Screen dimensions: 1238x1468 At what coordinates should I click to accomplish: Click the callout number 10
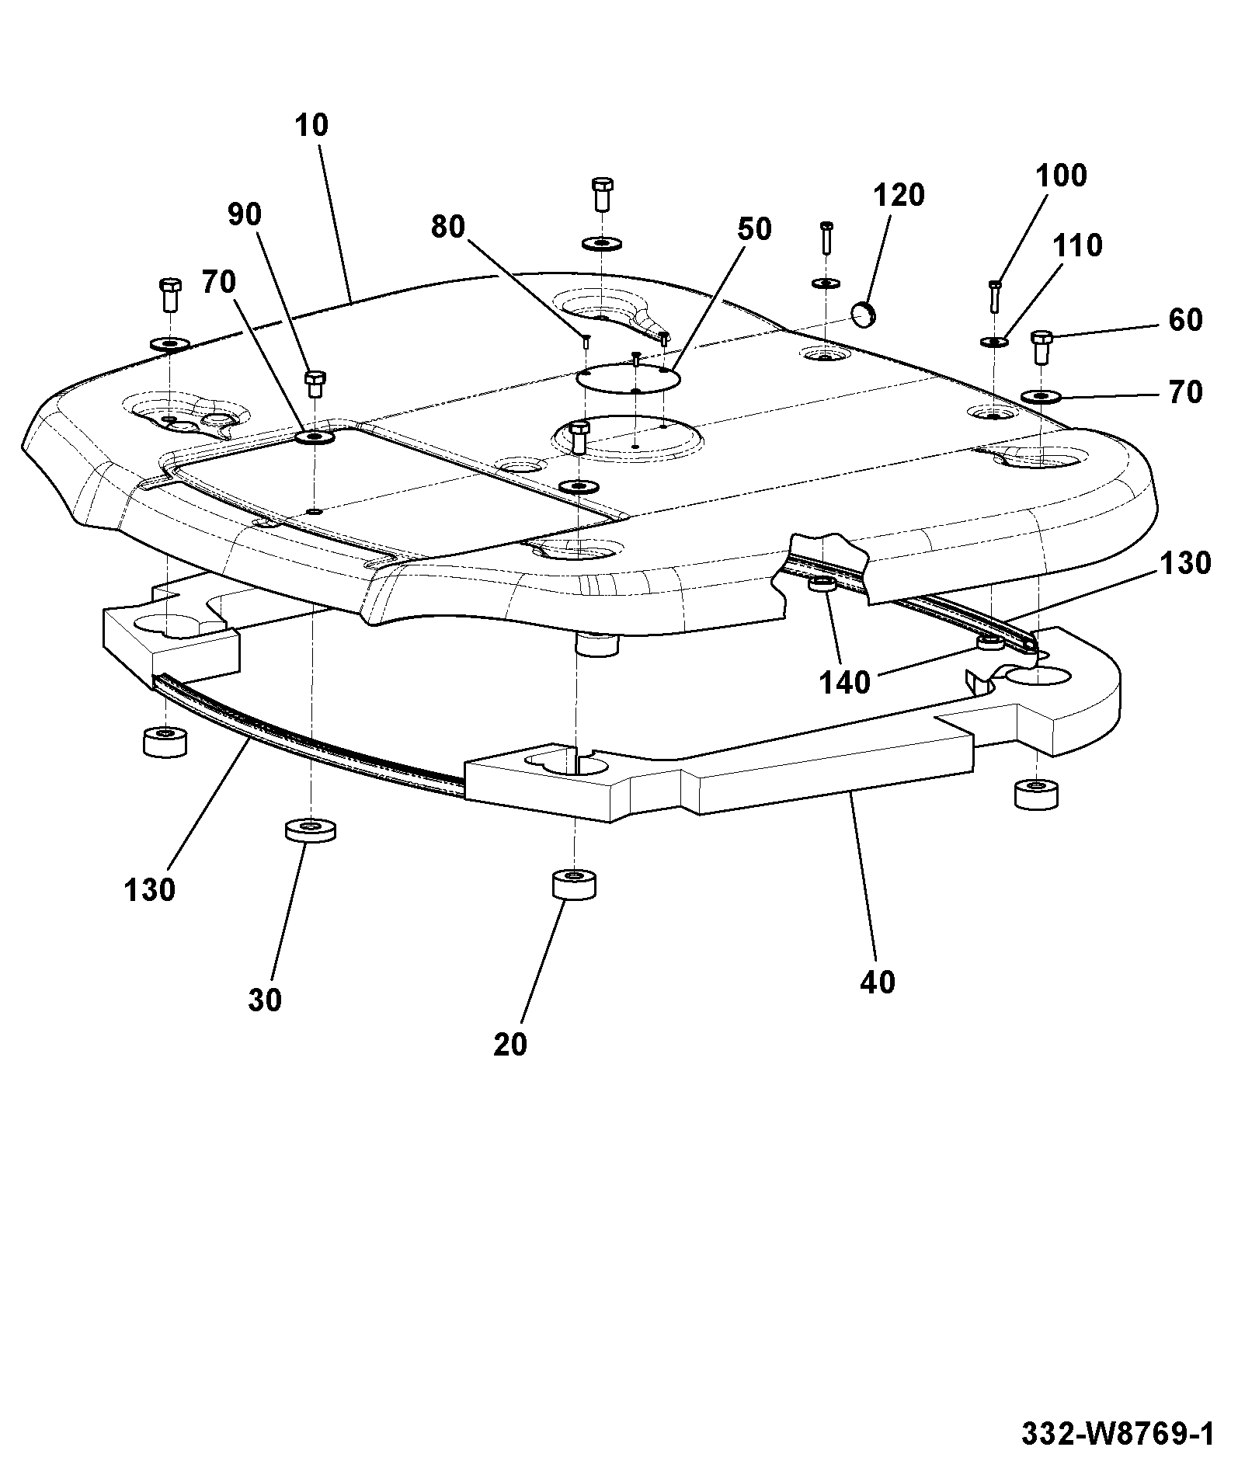tap(311, 125)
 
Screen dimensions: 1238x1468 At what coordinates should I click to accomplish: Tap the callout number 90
tap(245, 214)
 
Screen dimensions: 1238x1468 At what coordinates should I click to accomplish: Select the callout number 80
tap(448, 227)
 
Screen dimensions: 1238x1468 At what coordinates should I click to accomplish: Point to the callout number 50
tap(754, 229)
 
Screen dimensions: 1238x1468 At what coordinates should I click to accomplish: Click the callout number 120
tap(899, 195)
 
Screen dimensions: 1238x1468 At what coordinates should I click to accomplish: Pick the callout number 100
tap(1061, 176)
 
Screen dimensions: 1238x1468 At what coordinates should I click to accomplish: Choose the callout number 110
tap(1077, 245)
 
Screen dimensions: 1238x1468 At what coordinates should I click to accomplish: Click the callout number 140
tap(846, 683)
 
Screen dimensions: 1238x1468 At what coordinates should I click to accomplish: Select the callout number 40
tap(878, 983)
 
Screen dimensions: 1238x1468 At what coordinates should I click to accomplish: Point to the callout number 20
tap(510, 1045)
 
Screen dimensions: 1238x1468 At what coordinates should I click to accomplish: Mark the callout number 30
tap(265, 1000)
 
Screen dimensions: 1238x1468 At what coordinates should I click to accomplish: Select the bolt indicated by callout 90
tap(314, 384)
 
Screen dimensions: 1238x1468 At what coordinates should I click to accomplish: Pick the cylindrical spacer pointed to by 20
tap(574, 885)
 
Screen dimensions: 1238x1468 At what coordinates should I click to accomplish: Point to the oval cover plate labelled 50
tap(628, 380)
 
